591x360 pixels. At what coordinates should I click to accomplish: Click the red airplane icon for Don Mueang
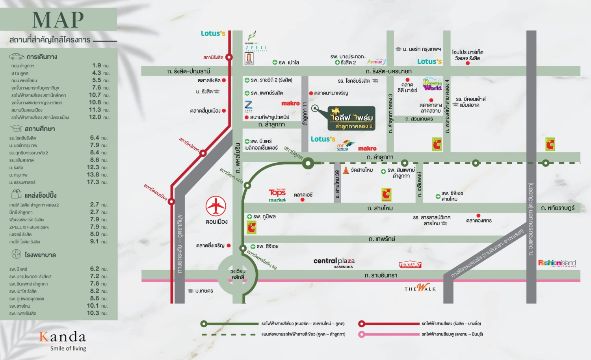tap(216, 206)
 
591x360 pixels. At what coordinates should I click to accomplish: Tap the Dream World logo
tap(432, 84)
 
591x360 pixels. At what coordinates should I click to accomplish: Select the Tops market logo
tap(277, 195)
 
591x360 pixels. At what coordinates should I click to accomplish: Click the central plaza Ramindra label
tap(334, 262)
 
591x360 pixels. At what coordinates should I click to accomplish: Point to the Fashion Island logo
tap(557, 263)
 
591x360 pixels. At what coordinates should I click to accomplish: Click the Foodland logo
tap(410, 265)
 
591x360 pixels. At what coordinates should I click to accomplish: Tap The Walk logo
tap(420, 288)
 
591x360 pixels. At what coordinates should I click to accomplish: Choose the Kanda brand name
tap(62, 337)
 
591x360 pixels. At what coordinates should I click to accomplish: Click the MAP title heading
tap(58, 20)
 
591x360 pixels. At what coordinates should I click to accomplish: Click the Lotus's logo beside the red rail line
tap(213, 33)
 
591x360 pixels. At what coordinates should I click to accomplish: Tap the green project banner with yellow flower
tap(351, 118)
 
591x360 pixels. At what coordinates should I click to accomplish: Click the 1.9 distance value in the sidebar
tap(97, 65)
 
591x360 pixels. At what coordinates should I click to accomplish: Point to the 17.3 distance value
tap(94, 182)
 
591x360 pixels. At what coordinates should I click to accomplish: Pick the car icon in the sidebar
tap(17, 56)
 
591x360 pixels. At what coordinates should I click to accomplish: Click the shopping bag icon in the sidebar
tap(17, 194)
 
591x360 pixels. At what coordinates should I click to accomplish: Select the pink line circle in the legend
tap(361, 334)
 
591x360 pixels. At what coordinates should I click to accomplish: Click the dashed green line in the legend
tap(229, 334)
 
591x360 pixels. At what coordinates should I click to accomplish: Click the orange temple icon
tap(346, 170)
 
